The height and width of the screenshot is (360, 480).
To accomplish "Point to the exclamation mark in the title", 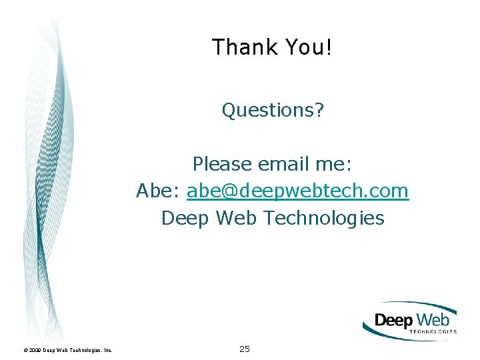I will click(x=329, y=47).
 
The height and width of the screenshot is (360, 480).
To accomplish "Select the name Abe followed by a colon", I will click(x=158, y=191).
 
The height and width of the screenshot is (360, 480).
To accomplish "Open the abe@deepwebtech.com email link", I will click(x=297, y=191).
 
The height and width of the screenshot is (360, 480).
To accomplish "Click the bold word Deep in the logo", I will click(x=394, y=321).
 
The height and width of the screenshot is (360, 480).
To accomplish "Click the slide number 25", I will click(x=245, y=349).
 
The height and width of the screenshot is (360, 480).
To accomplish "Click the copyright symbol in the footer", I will click(x=25, y=350).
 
